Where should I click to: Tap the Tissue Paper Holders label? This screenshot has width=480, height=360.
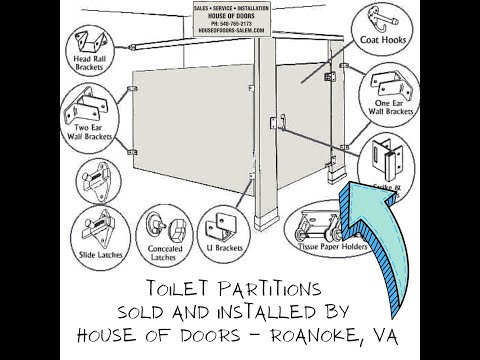click(x=319, y=246)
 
